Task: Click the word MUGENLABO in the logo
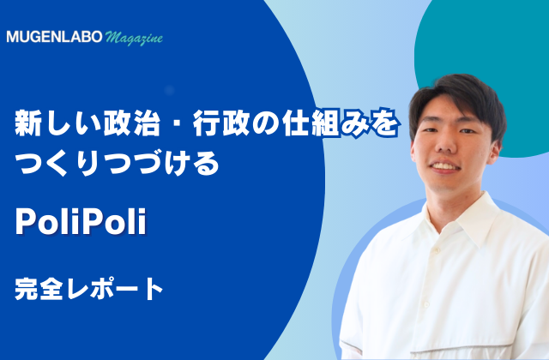pos(54,37)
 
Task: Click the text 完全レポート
pos(89,289)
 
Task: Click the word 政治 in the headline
pos(131,123)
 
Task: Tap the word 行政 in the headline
pos(221,123)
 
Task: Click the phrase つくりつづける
pos(117,163)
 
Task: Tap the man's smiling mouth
pos(445,166)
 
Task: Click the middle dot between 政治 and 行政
pos(177,123)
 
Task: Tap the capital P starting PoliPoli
pos(25,222)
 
